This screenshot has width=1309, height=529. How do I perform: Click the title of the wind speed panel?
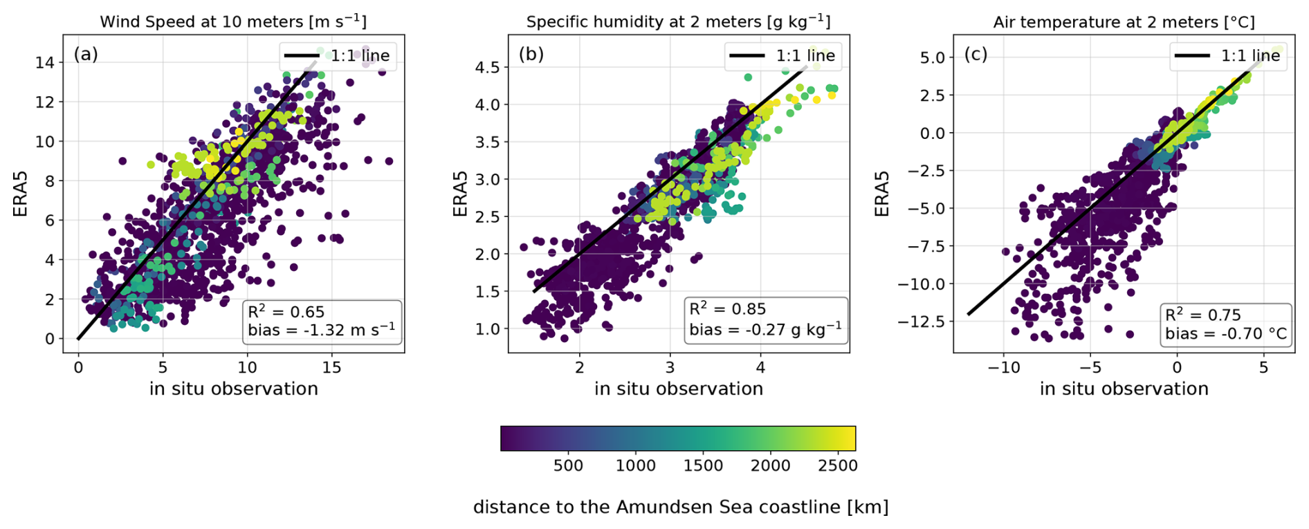point(233,21)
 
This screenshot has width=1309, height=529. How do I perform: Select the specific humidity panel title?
point(678,21)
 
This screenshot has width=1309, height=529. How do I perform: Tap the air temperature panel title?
point(1124,21)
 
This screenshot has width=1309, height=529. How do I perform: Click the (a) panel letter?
point(86,54)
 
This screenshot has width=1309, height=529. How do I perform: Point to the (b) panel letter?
point(531,54)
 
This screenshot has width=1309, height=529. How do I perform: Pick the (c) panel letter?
point(976,54)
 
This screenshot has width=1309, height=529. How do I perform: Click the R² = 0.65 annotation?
point(286,312)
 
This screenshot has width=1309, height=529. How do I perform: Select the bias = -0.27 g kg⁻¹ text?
point(765,329)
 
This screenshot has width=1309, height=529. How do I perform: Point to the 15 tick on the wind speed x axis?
point(332,367)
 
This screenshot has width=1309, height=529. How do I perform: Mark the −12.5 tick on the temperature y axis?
point(920,322)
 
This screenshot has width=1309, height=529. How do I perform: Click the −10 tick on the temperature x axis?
point(1003,367)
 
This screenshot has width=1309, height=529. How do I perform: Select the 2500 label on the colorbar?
point(838,465)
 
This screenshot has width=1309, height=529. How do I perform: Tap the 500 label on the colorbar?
point(568,465)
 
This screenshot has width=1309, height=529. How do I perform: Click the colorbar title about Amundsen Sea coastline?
point(680,507)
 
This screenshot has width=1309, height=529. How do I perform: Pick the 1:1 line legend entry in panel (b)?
point(783,55)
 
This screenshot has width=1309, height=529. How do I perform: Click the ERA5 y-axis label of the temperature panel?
point(882,194)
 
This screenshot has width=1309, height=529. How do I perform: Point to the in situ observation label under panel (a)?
point(233,389)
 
